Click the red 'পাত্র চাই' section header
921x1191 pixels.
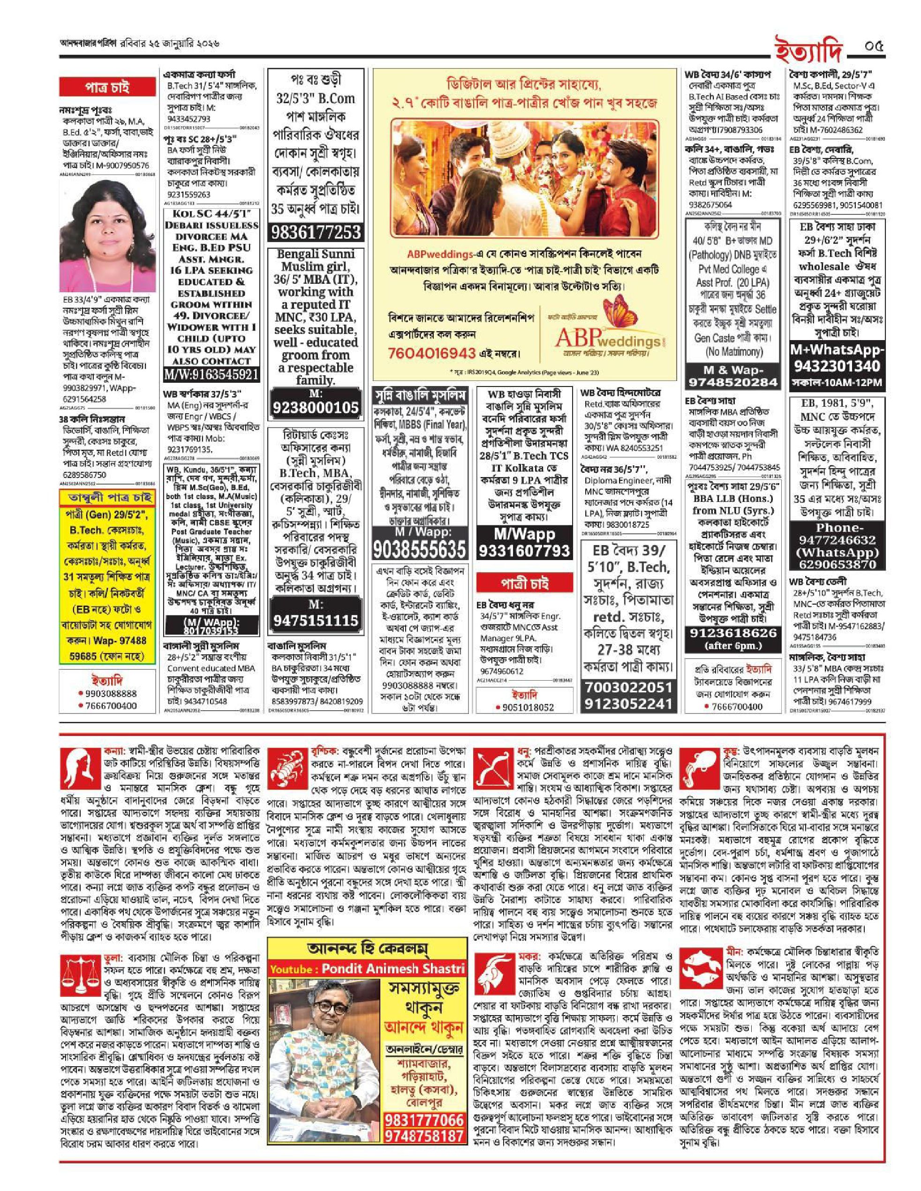107,88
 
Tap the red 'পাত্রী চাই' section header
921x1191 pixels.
521,583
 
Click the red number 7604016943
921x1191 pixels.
432,353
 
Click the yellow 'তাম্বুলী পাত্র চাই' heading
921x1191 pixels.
106,498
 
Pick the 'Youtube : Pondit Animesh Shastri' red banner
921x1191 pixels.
368,969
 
